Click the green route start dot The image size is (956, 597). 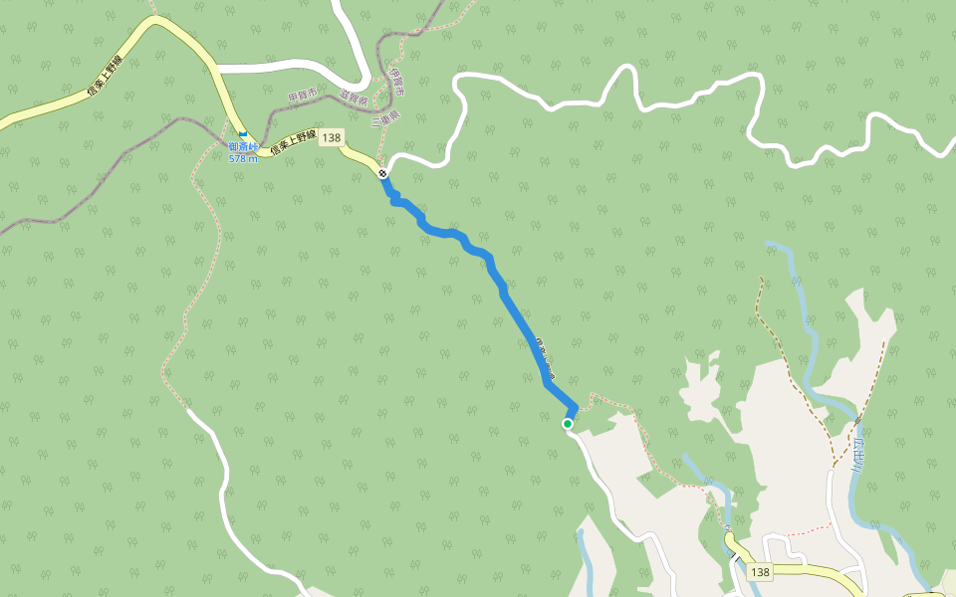[568, 424]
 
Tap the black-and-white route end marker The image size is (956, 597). [383, 173]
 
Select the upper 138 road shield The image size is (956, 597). [332, 137]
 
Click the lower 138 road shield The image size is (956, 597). [761, 572]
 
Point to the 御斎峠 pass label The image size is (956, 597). [242, 147]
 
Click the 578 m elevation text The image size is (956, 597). [242, 158]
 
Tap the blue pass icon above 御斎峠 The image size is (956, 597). [242, 134]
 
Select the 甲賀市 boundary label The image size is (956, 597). [302, 96]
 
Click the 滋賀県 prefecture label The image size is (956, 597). [354, 99]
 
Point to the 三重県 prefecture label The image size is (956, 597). [386, 116]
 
